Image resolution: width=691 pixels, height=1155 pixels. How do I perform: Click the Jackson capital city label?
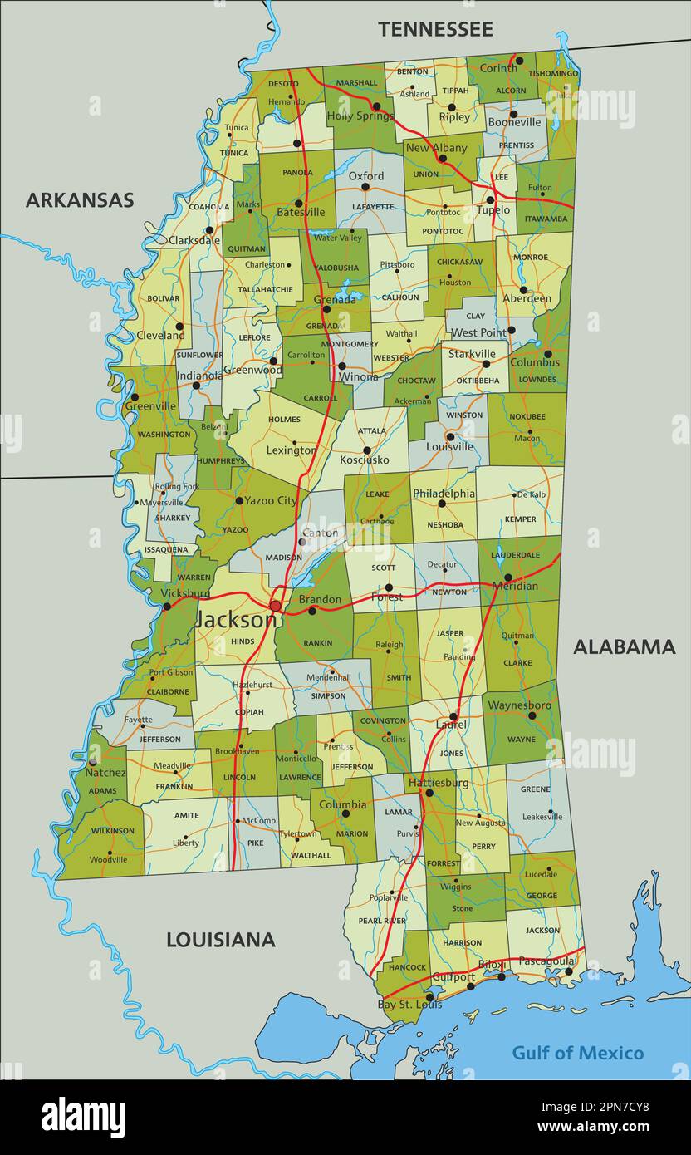click(236, 620)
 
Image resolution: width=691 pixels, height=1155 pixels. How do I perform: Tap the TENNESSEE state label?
click(435, 29)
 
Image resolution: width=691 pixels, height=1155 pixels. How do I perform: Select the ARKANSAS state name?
click(80, 200)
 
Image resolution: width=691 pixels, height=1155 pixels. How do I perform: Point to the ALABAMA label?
click(624, 647)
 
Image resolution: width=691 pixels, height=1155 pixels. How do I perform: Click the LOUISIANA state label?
click(220, 940)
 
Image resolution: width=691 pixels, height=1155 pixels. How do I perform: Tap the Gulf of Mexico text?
click(577, 1053)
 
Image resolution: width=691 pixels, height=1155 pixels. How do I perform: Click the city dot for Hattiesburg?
click(429, 794)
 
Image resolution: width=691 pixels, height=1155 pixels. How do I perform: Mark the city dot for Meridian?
click(507, 577)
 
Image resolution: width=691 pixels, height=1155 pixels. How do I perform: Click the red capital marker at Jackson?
click(276, 606)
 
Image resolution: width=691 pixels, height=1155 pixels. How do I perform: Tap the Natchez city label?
click(105, 773)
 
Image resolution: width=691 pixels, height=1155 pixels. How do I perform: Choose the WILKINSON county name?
click(113, 830)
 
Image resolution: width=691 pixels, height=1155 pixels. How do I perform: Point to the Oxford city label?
click(365, 176)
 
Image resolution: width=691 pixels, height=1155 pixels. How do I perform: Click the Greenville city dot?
click(134, 397)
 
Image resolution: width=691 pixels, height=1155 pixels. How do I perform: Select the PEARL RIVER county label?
click(382, 921)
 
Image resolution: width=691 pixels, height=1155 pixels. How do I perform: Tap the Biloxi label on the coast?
click(491, 965)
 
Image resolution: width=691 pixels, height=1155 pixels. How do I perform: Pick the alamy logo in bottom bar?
click(83, 1118)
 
